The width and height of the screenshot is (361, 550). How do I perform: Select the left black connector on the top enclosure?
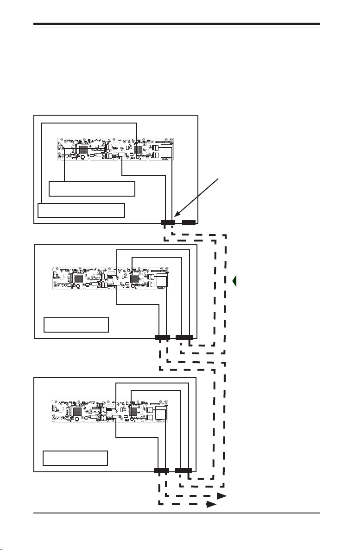point(168,222)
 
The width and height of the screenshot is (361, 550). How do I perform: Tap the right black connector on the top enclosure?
point(189,222)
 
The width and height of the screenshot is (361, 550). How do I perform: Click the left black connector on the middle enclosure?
point(163,337)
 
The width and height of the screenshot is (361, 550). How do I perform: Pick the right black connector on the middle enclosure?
point(184,337)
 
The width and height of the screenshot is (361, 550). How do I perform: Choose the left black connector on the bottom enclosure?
point(161,471)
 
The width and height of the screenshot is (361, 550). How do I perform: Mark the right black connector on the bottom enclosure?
point(183,471)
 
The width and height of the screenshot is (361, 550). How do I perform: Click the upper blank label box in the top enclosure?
point(92,189)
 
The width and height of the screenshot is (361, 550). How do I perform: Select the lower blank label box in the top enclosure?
point(81,210)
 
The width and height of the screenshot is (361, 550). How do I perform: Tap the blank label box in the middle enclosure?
point(76,325)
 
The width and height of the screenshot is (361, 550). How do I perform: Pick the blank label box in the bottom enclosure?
point(75,458)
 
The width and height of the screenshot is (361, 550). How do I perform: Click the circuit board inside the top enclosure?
point(115,149)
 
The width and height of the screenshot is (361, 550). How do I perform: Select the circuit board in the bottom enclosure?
point(109,411)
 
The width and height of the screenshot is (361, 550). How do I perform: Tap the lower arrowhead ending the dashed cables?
point(211,505)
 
